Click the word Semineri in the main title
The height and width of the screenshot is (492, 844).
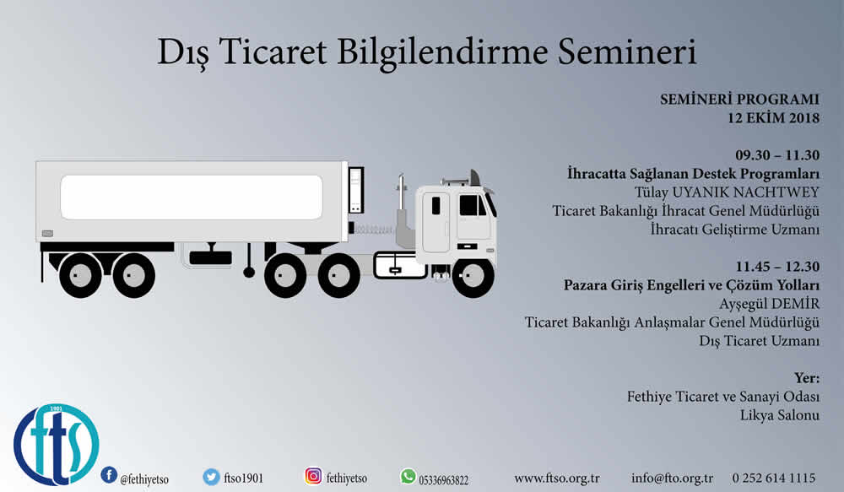(627, 52)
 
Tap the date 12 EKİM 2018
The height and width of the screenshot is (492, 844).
(773, 118)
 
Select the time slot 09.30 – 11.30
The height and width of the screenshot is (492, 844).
(777, 155)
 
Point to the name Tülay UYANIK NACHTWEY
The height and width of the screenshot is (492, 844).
(727, 192)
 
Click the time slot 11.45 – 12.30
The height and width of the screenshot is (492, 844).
(778, 267)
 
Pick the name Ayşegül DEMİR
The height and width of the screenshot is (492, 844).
(769, 304)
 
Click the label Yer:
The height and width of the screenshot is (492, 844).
(807, 378)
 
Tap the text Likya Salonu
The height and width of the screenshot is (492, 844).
(779, 415)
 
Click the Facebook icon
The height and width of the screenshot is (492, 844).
(109, 475)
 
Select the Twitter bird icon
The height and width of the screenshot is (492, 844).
(211, 477)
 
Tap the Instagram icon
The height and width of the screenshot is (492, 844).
(313, 476)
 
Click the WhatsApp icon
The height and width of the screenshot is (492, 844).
(408, 477)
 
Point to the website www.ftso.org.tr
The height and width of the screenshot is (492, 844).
(556, 478)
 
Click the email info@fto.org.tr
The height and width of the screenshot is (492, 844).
(673, 478)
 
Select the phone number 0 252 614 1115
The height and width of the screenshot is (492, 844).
(773, 478)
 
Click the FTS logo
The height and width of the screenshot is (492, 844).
(57, 445)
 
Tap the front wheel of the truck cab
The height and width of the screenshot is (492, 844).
(473, 277)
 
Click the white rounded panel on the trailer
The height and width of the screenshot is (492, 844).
(191, 197)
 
